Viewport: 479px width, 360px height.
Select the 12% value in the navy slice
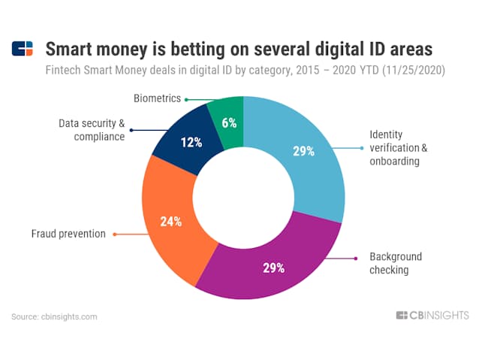191,143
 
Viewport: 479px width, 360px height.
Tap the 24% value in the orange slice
171,222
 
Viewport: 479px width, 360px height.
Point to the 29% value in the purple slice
274,268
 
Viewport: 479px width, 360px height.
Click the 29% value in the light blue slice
303,151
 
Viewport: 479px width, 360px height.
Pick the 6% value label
229,123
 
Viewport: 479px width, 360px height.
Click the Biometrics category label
158,98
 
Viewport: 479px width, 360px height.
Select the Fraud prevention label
68,234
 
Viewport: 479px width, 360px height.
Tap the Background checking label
396,263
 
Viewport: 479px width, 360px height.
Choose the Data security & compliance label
92,130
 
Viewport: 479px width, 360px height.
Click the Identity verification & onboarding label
399,148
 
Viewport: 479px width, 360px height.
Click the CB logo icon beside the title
23,49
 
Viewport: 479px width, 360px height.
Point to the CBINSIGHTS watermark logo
432,316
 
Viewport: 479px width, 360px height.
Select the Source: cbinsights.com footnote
54,317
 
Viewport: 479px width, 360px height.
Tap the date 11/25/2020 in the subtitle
414,71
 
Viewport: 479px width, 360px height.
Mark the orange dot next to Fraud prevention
115,234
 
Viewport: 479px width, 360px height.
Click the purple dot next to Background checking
356,259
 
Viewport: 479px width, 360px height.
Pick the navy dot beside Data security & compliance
131,130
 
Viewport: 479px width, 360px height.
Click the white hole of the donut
243,198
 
